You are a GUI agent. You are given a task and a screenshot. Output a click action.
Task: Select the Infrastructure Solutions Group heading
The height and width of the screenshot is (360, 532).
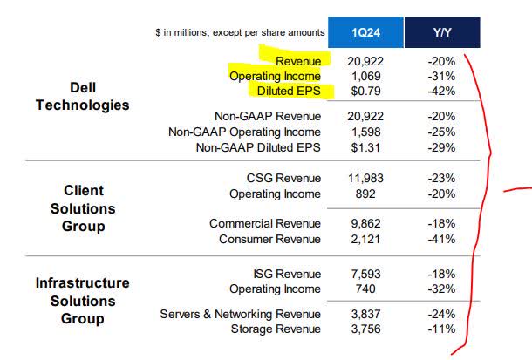coord(83,301)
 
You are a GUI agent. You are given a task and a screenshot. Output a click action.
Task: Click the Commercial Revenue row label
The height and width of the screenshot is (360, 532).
coord(265,223)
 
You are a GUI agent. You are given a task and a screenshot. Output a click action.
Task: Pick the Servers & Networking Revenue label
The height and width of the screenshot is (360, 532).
coord(241,314)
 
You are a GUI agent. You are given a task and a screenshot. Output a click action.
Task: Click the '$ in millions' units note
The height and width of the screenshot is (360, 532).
coord(235,32)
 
